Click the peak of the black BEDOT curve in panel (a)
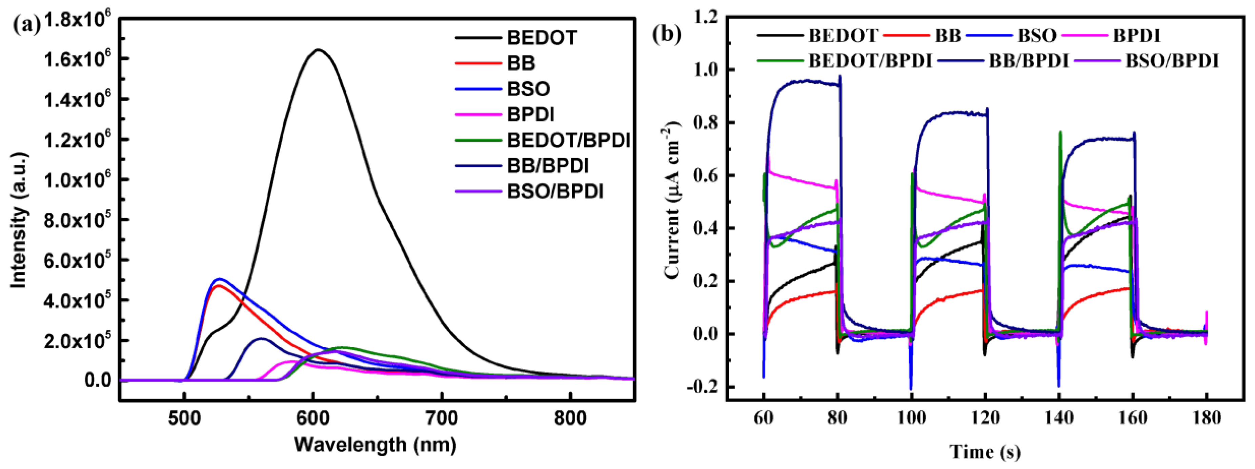click(x=318, y=50)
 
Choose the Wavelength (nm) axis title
click(x=375, y=444)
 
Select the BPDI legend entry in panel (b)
click(x=1137, y=36)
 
